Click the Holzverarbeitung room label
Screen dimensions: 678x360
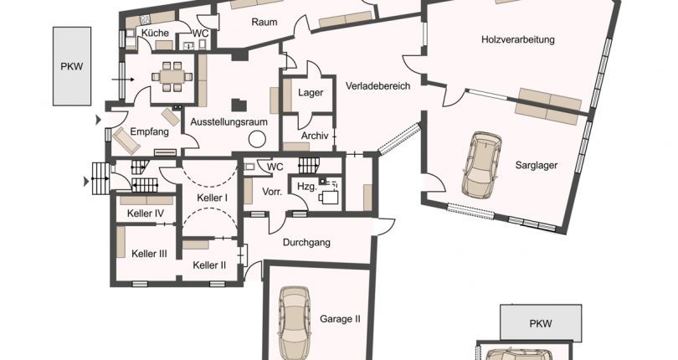tap(517, 40)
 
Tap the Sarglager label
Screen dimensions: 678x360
tap(537, 165)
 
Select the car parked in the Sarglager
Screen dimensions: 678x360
tap(482, 165)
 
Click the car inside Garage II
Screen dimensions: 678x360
tap(295, 322)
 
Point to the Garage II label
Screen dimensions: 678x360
tap(340, 319)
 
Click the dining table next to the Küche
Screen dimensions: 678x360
tap(172, 76)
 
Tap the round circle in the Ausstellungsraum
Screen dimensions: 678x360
tap(257, 139)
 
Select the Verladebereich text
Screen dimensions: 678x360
tap(378, 85)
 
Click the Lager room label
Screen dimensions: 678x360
tap(311, 93)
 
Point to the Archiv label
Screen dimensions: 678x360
tap(315, 136)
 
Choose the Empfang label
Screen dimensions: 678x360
tap(149, 131)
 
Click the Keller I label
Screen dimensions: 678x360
tap(213, 198)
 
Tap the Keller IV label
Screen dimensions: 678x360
tap(146, 213)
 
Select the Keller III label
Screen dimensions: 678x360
tap(149, 254)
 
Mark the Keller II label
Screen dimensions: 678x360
tap(209, 265)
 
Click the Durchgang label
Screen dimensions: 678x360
tap(306, 242)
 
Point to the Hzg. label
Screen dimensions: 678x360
tap(307, 186)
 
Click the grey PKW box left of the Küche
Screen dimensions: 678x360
tap(72, 66)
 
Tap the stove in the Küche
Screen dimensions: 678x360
tap(145, 19)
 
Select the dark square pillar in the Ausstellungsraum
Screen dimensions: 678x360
tap(239, 105)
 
